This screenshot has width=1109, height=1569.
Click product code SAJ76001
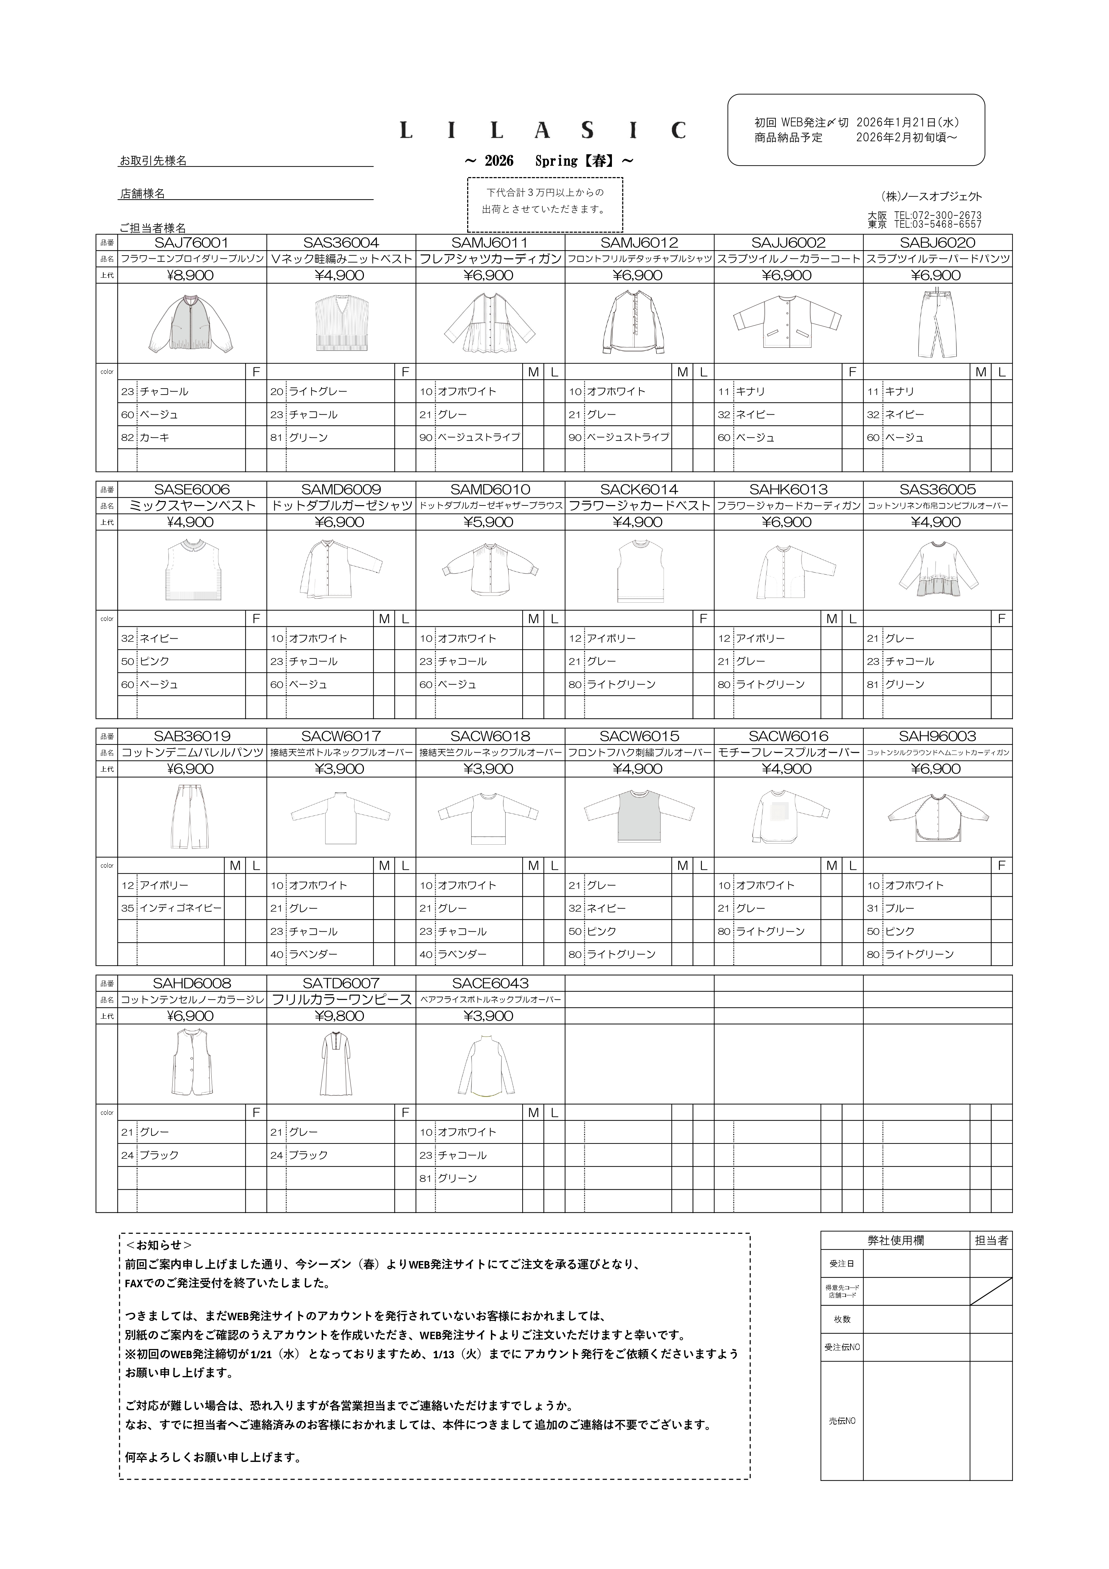191,243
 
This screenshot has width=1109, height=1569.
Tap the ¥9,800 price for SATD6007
340,1016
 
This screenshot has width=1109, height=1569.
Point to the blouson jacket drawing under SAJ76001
191,323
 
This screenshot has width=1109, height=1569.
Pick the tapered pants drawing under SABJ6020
937,323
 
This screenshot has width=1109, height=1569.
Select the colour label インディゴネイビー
181,908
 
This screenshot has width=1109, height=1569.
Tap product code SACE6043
490,983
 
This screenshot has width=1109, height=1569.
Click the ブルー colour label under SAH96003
899,908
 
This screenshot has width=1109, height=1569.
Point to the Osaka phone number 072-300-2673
938,215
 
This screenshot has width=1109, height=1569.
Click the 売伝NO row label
842,1421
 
